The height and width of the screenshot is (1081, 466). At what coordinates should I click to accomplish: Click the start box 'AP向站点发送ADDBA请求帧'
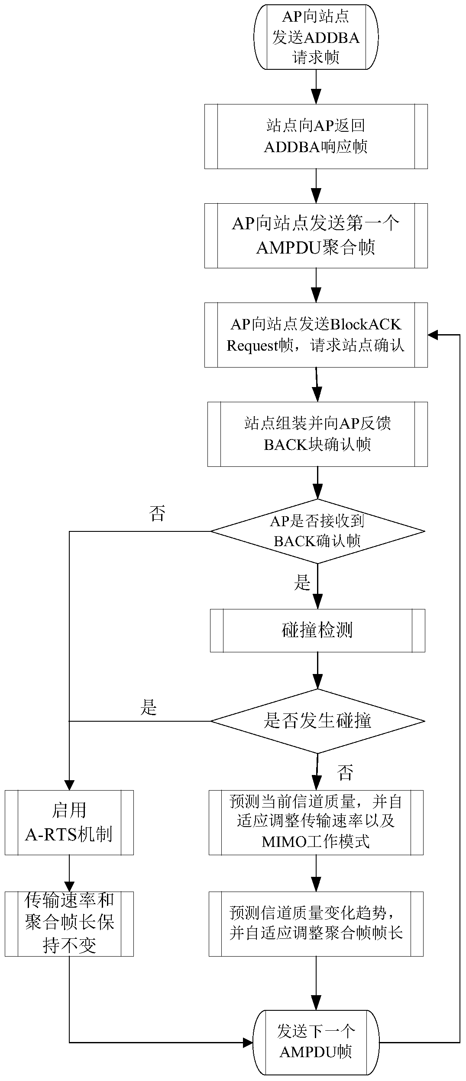click(x=316, y=37)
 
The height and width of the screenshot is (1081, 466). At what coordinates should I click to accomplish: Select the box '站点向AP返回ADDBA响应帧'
click(x=316, y=136)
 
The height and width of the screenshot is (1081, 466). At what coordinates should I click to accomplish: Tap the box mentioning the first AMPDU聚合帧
click(x=316, y=235)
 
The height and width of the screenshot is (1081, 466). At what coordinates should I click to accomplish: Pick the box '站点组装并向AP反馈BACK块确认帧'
click(x=317, y=434)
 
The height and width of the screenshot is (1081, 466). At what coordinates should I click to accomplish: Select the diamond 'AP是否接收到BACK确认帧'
click(x=317, y=531)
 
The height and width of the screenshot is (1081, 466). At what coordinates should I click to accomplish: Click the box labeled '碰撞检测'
click(x=317, y=630)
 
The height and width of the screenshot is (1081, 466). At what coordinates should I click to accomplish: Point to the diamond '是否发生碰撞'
click(x=317, y=721)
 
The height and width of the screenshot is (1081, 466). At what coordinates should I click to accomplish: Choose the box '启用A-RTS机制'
click(x=69, y=822)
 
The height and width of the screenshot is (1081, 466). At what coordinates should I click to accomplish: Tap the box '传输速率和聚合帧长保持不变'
click(x=69, y=924)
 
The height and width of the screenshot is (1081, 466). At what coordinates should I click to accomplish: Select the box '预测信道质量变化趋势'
click(x=316, y=924)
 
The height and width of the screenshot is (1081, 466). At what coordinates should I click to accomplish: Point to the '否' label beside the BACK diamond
click(x=157, y=514)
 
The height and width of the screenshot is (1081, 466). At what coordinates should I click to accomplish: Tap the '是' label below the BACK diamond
click(x=302, y=583)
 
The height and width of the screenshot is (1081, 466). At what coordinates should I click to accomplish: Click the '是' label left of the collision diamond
click(x=149, y=707)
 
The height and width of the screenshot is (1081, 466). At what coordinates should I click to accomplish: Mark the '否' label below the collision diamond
click(x=345, y=772)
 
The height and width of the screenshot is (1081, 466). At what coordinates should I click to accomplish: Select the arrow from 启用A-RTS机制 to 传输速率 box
click(x=69, y=873)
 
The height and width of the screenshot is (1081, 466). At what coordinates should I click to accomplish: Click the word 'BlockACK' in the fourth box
click(x=366, y=324)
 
